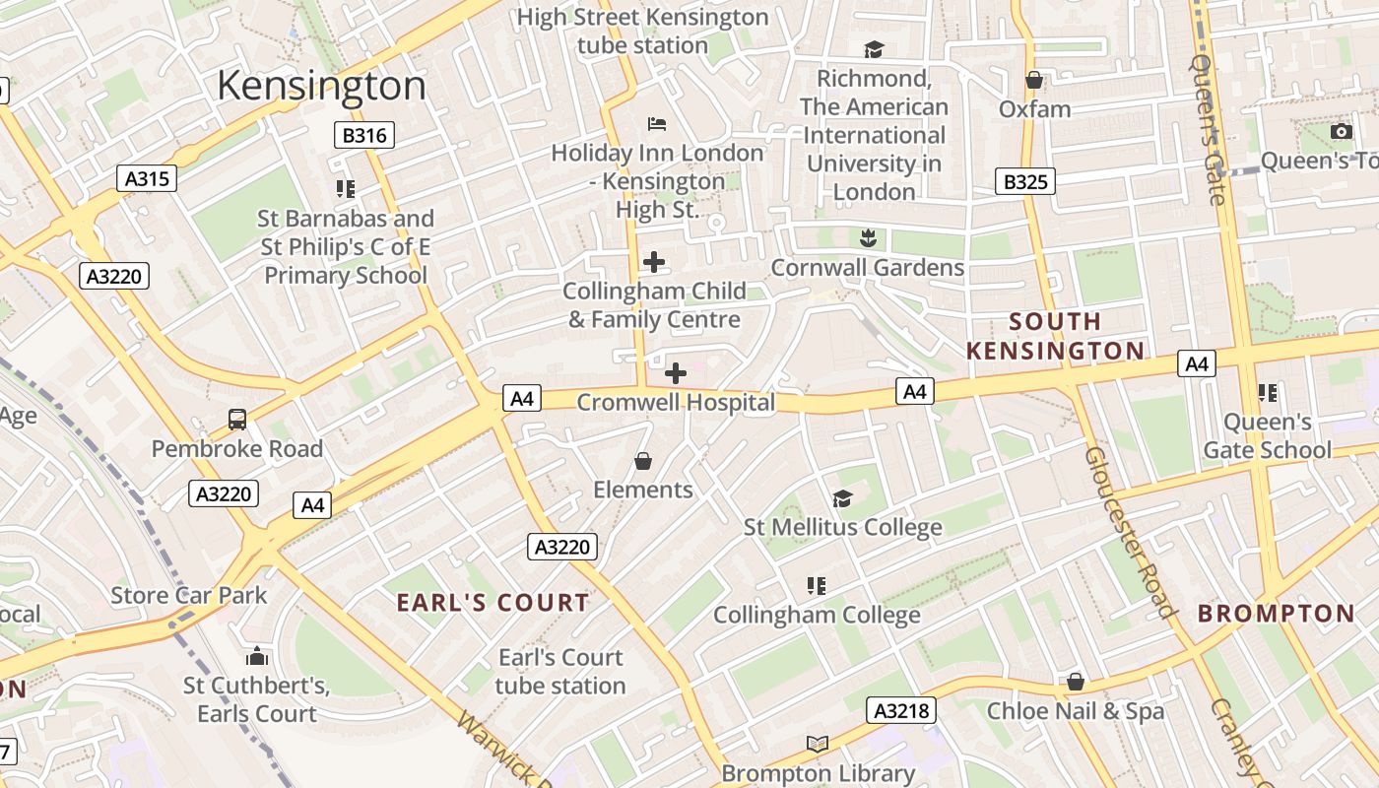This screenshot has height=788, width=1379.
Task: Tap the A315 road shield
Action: [146, 178]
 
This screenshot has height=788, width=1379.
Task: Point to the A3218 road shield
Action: [901, 710]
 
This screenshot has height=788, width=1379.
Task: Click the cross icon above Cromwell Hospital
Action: [676, 373]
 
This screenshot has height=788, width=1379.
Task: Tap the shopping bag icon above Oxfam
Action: [1034, 80]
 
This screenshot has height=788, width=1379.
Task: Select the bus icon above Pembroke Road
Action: [237, 420]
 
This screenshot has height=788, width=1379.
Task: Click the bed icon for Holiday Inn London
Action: [657, 124]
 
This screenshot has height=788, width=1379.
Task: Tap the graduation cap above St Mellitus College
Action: [842, 498]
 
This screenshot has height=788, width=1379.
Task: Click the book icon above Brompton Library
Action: [817, 744]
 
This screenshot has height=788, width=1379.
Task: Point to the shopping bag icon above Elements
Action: [643, 461]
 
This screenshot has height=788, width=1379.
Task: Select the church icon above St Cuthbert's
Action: [257, 656]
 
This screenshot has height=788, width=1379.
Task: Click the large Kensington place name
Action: [321, 86]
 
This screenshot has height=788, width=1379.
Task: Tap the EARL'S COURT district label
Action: [492, 603]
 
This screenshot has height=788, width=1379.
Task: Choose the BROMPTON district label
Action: [1276, 614]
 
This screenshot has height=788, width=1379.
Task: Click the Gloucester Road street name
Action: [1130, 532]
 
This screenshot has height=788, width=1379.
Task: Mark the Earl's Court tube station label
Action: [560, 672]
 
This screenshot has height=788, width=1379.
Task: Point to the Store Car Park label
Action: [188, 595]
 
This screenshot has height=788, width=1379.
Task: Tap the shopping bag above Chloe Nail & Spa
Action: [1076, 682]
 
